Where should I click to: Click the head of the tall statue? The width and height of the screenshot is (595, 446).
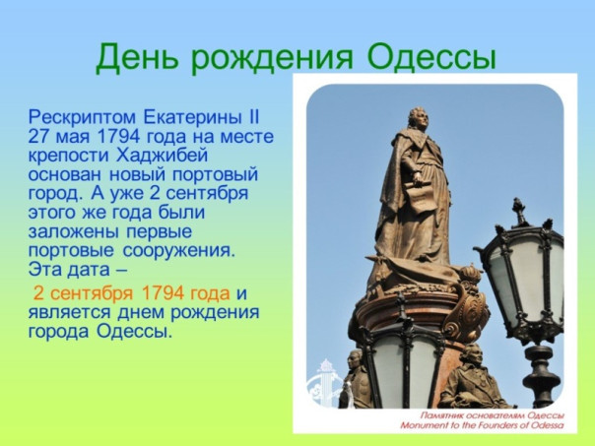point(415,124)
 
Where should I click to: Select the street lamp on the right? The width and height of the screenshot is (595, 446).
point(521,286)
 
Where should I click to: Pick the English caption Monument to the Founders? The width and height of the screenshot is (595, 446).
point(482,424)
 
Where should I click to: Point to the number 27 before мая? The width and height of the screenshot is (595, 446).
point(40,137)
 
